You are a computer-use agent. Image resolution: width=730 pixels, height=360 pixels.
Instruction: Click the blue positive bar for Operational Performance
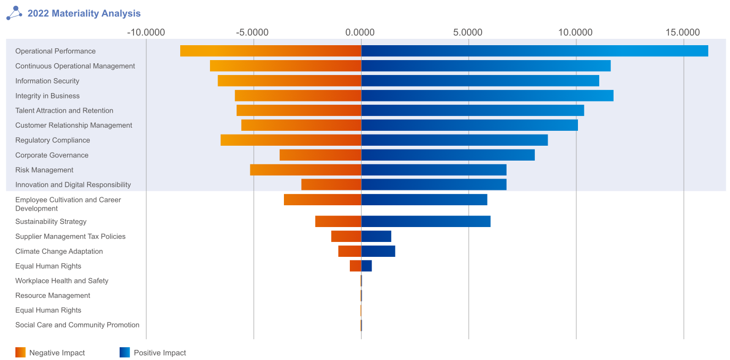point(534,51)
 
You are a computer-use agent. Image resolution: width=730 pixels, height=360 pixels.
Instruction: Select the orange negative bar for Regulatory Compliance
point(291,140)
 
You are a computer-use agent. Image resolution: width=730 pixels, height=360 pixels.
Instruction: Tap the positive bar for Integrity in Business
point(487,96)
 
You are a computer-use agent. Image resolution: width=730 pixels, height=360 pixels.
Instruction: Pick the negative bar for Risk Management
point(306,170)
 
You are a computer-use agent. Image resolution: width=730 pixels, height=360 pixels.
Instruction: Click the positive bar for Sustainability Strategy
point(425,222)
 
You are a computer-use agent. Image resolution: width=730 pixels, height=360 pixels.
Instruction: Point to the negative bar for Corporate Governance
point(320,155)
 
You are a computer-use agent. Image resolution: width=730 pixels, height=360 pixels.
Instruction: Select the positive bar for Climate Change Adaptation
point(378,252)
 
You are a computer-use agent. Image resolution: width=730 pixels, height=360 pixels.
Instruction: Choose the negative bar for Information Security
point(289,81)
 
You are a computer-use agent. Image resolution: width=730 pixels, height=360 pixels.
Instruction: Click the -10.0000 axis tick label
point(146,32)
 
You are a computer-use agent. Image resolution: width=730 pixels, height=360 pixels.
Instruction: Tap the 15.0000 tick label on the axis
point(683,32)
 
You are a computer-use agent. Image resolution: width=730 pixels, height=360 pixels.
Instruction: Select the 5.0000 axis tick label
point(468,32)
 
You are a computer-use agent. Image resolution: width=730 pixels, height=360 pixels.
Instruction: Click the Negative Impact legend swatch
point(20,353)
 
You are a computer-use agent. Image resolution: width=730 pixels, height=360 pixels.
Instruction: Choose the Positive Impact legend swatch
point(124,353)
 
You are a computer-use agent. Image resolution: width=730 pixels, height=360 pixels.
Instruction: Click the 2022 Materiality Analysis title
point(84,14)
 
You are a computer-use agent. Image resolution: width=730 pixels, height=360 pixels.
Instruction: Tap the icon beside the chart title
point(14,13)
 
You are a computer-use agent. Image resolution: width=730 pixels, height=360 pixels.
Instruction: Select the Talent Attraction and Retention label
point(64,111)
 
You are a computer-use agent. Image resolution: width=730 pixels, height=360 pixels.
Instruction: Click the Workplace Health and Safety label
point(62,281)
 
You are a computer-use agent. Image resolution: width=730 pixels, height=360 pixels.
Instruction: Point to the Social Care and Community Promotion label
point(77,325)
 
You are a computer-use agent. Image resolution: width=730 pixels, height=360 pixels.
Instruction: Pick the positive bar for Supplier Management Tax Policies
point(376,237)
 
